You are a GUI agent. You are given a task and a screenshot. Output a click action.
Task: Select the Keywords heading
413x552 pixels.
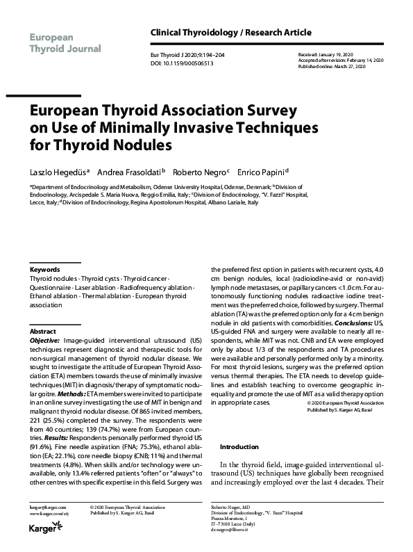pos(45,269)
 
